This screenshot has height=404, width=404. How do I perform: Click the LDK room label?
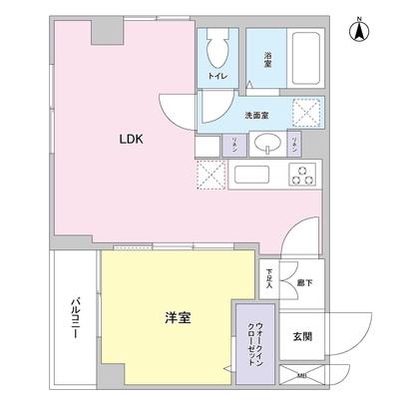pyautogui.click(x=133, y=140)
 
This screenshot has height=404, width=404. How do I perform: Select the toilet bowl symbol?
pyautogui.click(x=216, y=48)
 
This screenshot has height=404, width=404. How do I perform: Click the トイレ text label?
pyautogui.click(x=215, y=75)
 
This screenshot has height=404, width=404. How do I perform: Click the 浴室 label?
pyautogui.click(x=268, y=60)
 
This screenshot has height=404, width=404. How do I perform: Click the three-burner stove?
pyautogui.click(x=301, y=176)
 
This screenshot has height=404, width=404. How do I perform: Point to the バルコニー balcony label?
pyautogui.click(x=75, y=319)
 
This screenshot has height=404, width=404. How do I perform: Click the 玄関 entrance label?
pyautogui.click(x=302, y=335)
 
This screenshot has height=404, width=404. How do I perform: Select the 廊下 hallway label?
pyautogui.click(x=301, y=284)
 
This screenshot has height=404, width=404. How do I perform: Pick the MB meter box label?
pyautogui.click(x=302, y=376)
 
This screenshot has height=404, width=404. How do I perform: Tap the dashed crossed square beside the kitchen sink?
pyautogui.click(x=211, y=176)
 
